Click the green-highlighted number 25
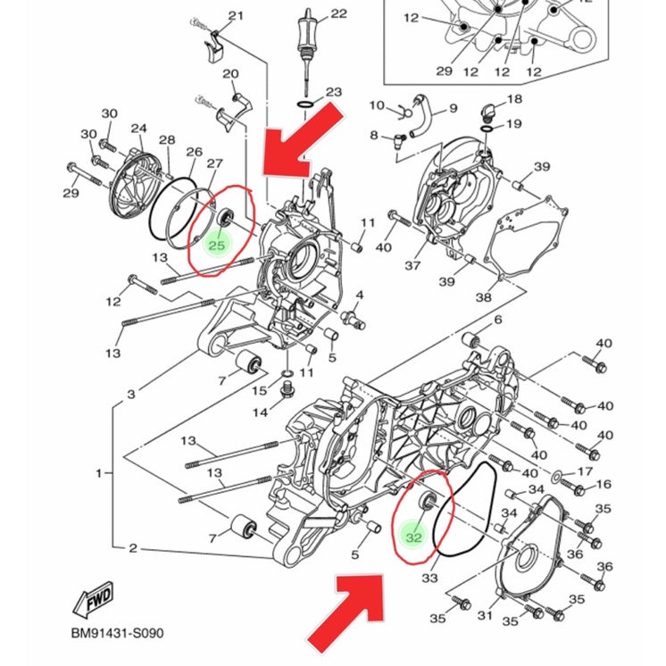(217, 246)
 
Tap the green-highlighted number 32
(413, 537)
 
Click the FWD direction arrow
(94, 599)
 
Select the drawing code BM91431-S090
(117, 633)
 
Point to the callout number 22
(338, 14)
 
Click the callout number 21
(237, 16)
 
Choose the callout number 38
(483, 297)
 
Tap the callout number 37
(412, 266)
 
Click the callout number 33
(429, 578)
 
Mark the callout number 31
(484, 615)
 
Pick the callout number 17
(585, 471)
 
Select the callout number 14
(260, 412)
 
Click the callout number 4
(360, 295)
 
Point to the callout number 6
(498, 320)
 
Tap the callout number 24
(139, 129)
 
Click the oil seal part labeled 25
(225, 218)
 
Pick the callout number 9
(454, 108)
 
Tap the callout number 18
(514, 99)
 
